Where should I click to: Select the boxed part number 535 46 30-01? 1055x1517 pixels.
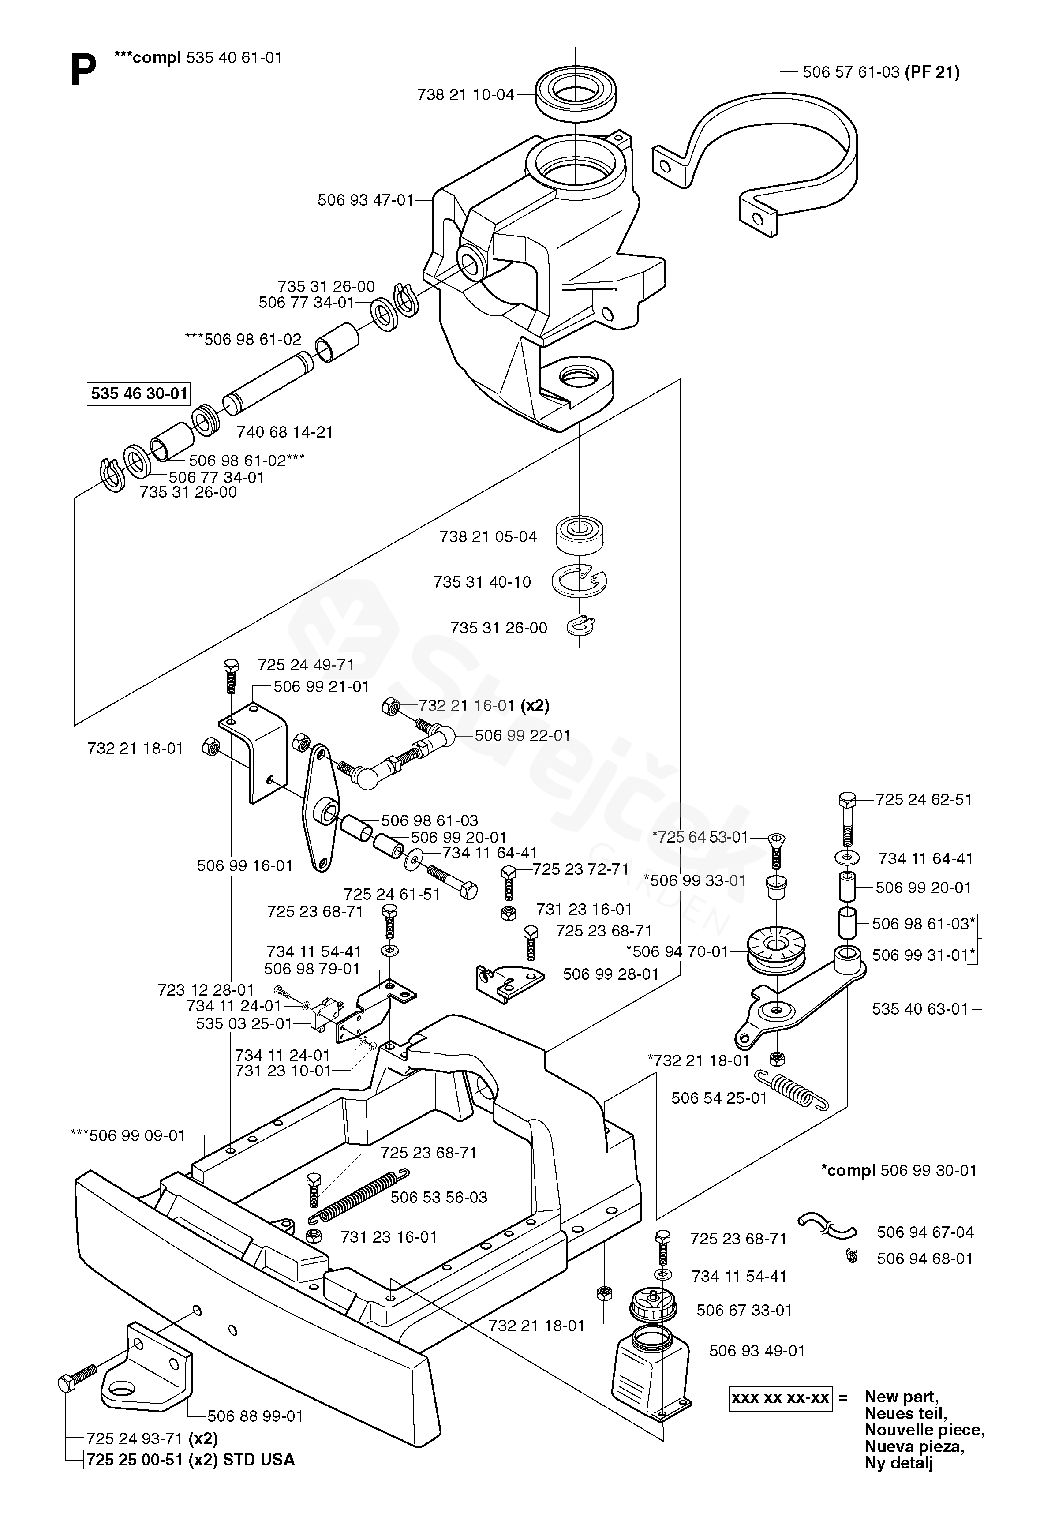click(x=139, y=394)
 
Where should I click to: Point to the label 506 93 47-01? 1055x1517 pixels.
click(x=365, y=200)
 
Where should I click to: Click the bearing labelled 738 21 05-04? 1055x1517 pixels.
click(x=580, y=536)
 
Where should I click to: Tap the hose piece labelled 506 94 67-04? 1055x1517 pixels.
click(x=826, y=1228)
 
